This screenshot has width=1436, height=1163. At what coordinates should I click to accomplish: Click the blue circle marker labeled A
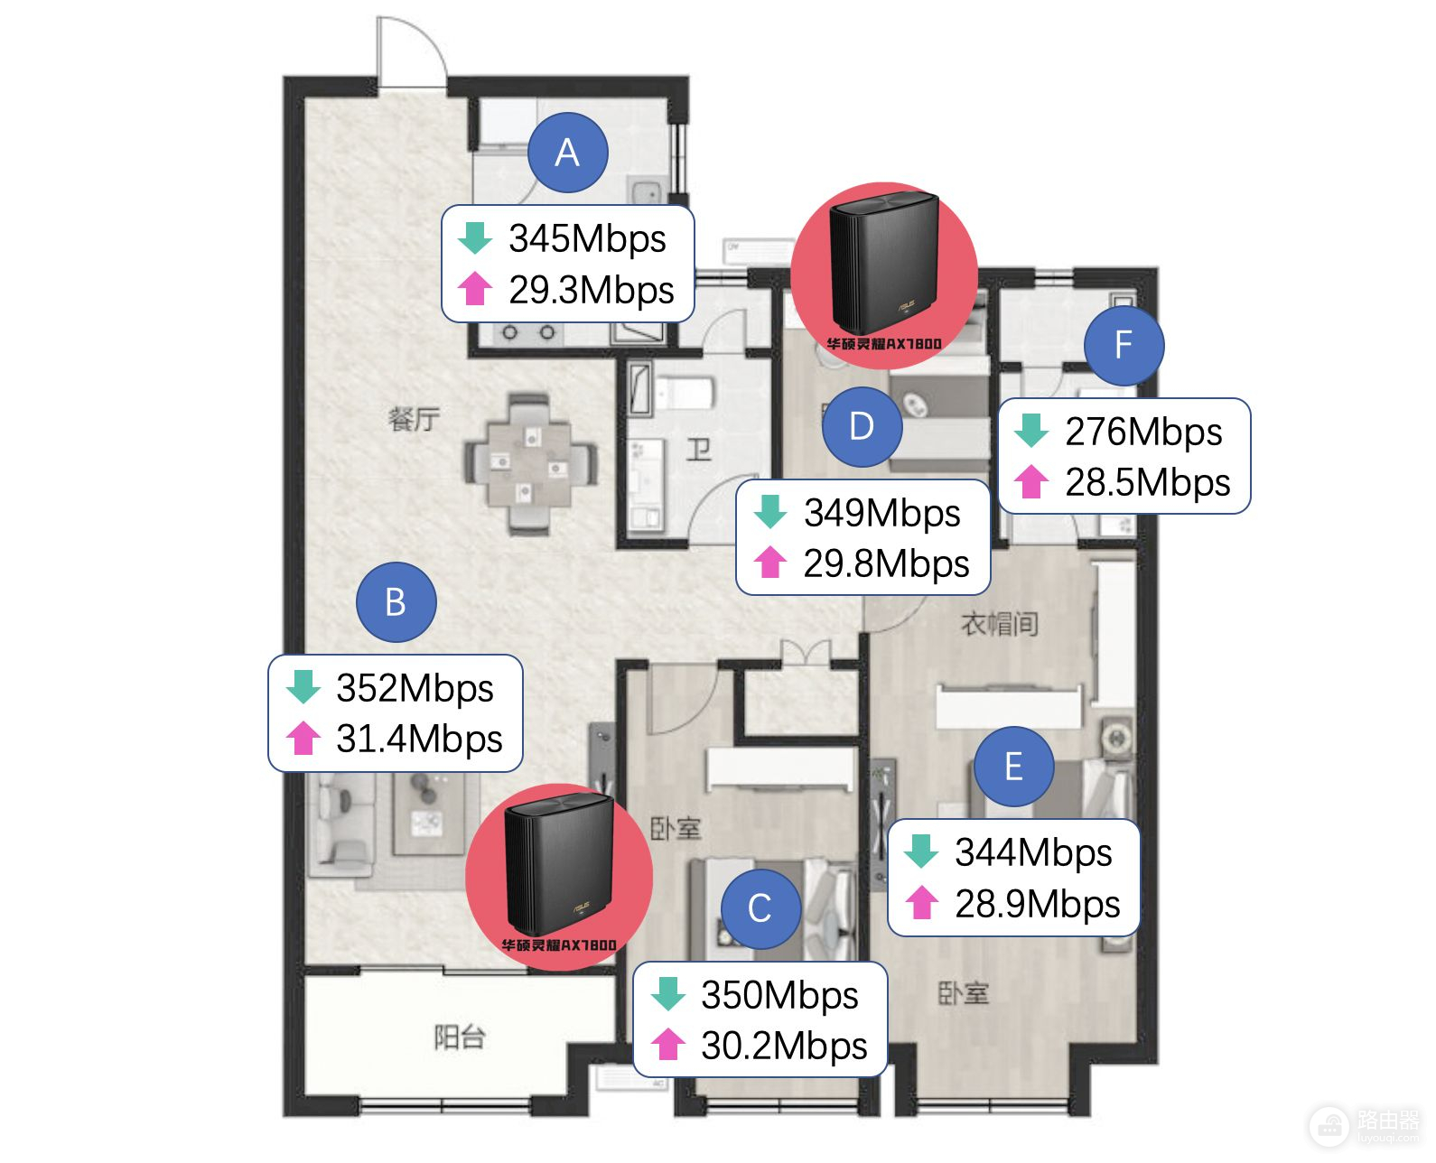coord(567,153)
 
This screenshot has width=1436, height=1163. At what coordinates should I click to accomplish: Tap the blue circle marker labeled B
coord(396,601)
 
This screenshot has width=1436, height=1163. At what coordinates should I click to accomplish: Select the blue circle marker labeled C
coord(760,908)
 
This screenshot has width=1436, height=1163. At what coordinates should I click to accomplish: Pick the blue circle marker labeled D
coord(863,426)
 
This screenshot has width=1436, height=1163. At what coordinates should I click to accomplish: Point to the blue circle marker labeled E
coord(1013,766)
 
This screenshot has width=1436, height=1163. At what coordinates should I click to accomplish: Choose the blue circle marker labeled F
coord(1124,345)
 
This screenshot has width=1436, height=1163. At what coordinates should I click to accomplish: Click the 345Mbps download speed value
coord(587,238)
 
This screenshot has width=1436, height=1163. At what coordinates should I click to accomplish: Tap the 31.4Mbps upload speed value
coord(419,739)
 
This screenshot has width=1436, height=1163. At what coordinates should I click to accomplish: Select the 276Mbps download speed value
coord(1143,432)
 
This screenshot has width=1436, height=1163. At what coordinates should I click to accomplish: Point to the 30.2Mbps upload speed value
coord(784,1046)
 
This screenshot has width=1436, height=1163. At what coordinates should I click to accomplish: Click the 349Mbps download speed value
coord(881,513)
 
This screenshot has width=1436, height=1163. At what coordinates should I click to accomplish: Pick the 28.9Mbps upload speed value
coord(1038,904)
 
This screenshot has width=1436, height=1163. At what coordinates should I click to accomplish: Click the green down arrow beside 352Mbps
coord(303,686)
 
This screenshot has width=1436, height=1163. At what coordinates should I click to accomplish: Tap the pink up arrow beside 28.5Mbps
coord(1031,482)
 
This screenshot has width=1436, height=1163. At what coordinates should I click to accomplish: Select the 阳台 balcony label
coord(460,1037)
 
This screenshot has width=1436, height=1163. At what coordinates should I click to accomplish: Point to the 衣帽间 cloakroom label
coord(999,624)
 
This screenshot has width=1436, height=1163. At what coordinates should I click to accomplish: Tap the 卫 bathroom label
coord(698,450)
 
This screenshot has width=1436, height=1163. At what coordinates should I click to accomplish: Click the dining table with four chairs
coord(530,465)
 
